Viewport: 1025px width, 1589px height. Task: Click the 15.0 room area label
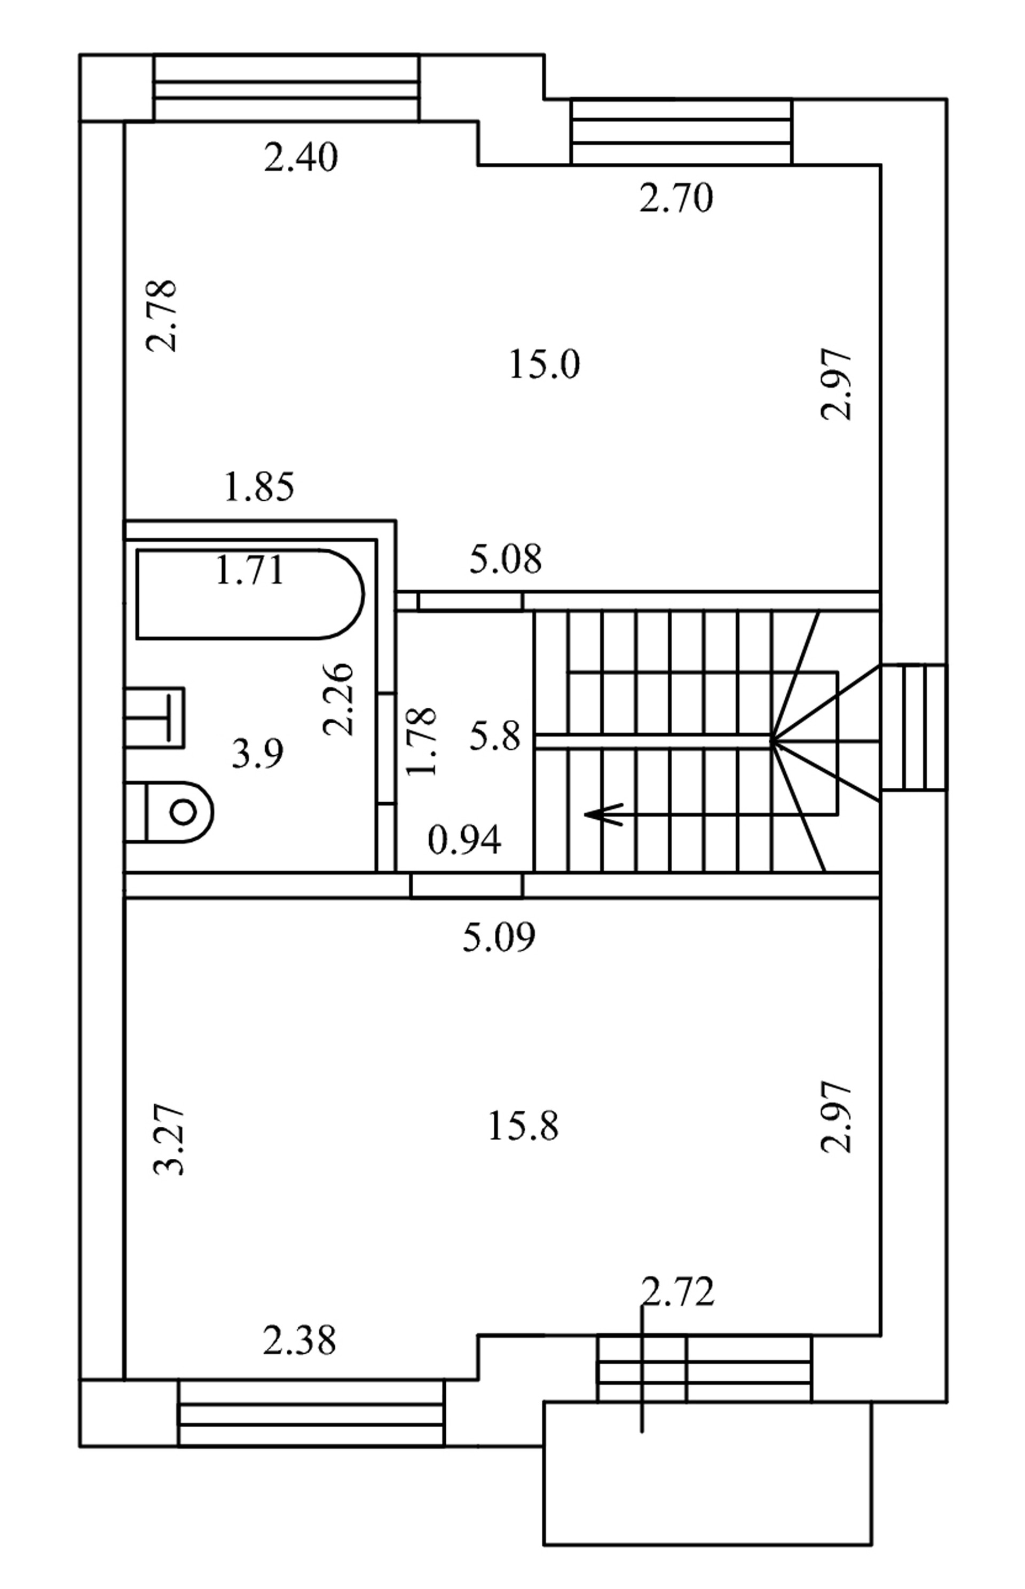tap(545, 365)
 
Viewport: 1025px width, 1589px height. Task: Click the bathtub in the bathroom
tap(250, 594)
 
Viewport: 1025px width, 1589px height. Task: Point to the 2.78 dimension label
tap(162, 315)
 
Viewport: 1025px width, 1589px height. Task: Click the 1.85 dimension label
tap(259, 487)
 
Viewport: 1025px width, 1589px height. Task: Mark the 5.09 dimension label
tap(499, 938)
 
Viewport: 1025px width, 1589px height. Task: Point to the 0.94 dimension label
tap(464, 841)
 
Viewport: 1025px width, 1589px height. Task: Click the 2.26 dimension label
tap(338, 699)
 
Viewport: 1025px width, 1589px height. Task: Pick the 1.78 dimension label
tap(421, 741)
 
